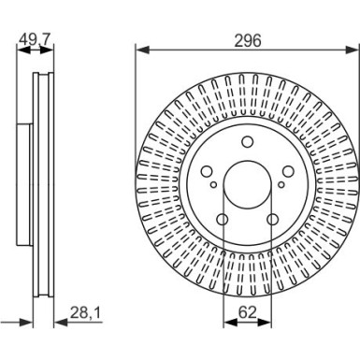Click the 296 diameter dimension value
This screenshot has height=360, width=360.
coord(248,41)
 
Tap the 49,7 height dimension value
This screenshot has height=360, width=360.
coord(35,38)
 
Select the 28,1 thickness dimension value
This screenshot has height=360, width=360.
coord(86,312)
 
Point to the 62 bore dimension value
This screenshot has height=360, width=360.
coord(247,312)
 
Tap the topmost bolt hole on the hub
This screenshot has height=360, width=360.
coord(248,142)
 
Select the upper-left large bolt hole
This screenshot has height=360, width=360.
coord(207,171)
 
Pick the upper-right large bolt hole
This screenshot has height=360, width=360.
coord(288,171)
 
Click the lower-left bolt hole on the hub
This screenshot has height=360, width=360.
coord(223,220)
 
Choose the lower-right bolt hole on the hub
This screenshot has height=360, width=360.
coord(273,220)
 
